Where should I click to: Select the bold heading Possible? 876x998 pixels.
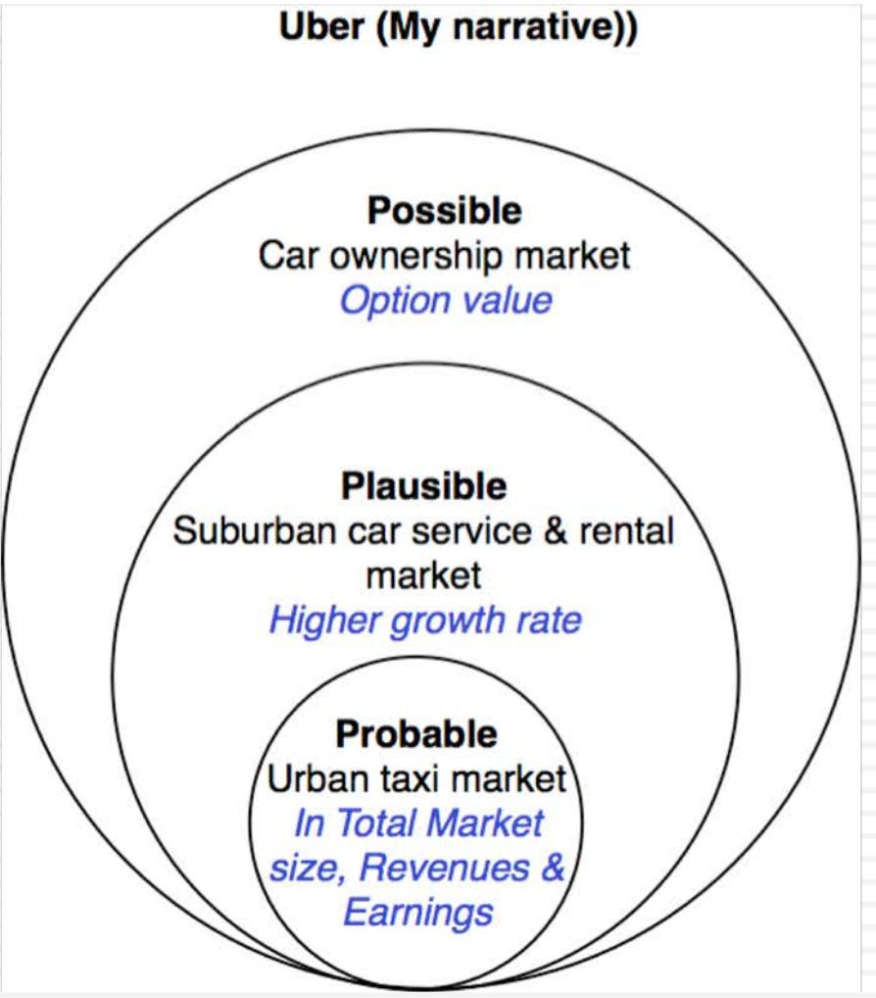click(444, 211)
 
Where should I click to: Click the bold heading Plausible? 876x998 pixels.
click(423, 486)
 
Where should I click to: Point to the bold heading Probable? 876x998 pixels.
click(416, 734)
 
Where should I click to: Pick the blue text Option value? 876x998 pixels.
click(446, 300)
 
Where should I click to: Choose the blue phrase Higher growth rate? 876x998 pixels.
click(425, 620)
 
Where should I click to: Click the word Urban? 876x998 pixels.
click(306, 779)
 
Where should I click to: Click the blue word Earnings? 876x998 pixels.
click(417, 913)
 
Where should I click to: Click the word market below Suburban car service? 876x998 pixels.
click(423, 575)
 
